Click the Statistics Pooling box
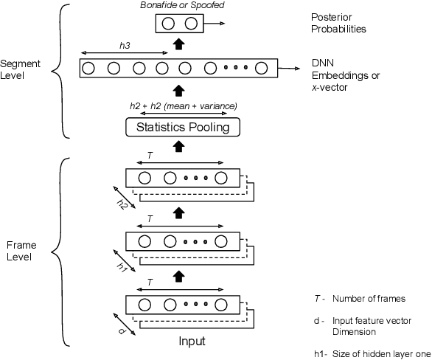point(178,128)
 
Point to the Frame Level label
point(18,249)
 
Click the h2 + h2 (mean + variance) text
point(182,105)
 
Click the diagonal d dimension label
point(122,330)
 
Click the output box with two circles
point(178,24)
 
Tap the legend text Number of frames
point(369,299)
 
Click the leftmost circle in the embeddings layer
point(89,69)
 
